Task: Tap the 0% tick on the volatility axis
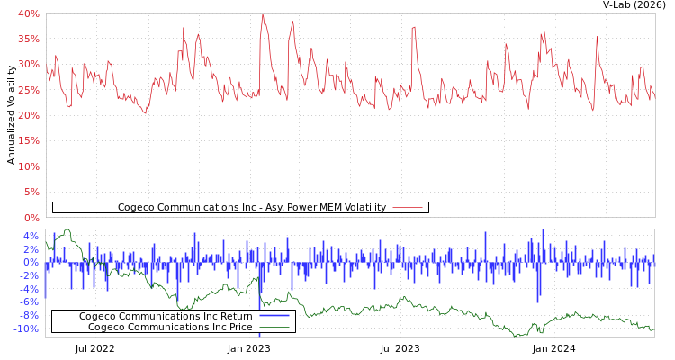(x=31, y=218)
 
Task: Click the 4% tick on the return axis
(x=31, y=236)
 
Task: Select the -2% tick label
(x=30, y=275)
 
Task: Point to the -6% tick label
(x=30, y=302)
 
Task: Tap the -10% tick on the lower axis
(x=27, y=328)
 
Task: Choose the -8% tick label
(x=30, y=315)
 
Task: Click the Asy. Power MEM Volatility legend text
(x=252, y=208)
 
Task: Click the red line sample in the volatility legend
(x=408, y=208)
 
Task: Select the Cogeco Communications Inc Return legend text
(x=166, y=317)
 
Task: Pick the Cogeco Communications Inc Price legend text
(x=170, y=327)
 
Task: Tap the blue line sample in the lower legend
(x=274, y=317)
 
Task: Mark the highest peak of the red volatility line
(x=263, y=14)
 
